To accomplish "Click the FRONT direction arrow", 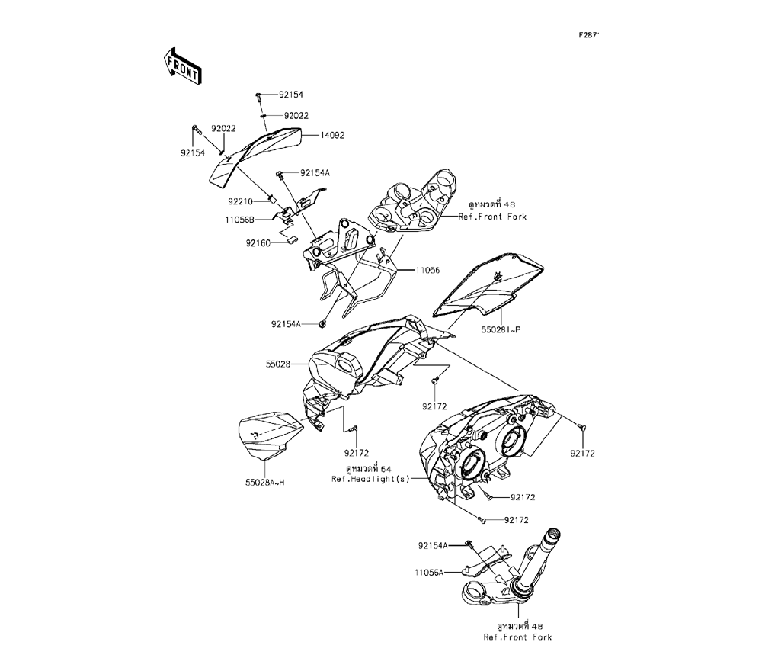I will [x=181, y=65].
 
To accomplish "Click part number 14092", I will [x=331, y=135].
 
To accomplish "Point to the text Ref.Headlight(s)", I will [x=370, y=479].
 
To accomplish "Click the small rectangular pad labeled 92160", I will [x=292, y=239].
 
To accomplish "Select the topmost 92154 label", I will [x=290, y=95].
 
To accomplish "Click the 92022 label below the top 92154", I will [x=296, y=116].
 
